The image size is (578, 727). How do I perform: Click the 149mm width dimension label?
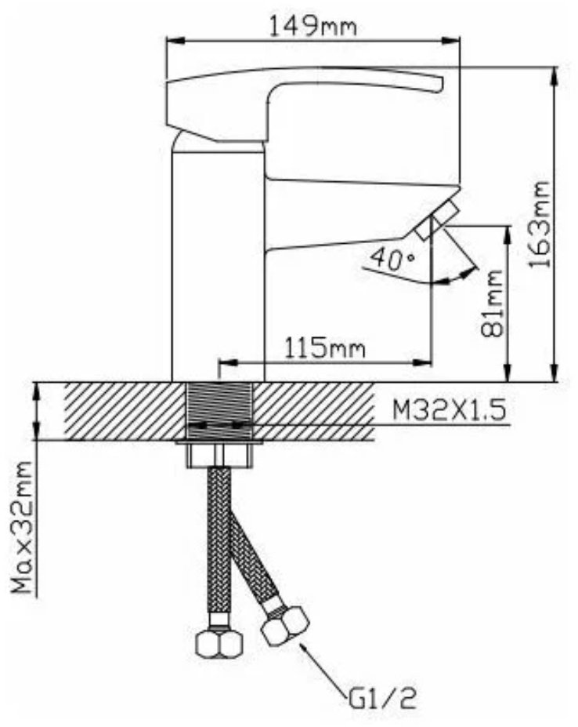tap(313, 26)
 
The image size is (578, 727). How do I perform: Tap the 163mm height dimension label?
tap(540, 224)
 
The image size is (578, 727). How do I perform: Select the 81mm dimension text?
tap(491, 304)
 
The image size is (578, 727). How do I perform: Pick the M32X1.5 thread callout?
tap(449, 410)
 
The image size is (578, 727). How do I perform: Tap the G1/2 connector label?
tap(382, 700)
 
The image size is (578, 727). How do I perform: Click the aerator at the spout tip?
tap(437, 222)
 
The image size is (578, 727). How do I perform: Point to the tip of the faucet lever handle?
tap(441, 85)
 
